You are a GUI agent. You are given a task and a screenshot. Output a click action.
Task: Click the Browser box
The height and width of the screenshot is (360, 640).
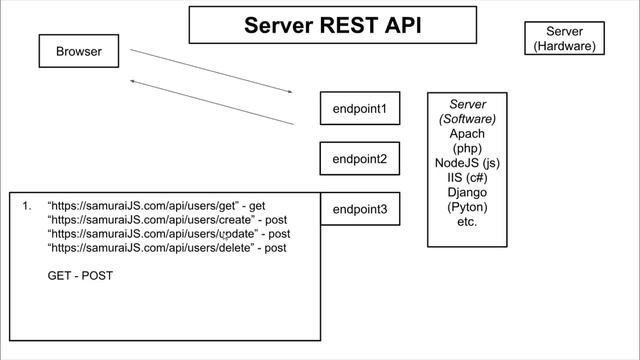[79, 52]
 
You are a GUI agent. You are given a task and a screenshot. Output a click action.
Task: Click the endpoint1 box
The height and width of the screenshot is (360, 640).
[359, 108]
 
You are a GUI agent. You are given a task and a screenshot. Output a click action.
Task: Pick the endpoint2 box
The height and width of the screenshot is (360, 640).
[359, 158]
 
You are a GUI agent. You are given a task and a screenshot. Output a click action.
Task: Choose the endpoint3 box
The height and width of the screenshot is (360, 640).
[359, 210]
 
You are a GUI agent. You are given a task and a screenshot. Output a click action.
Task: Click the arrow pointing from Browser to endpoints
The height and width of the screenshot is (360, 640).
[211, 70]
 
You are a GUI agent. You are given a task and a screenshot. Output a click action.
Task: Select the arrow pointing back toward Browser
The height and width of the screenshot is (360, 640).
[211, 103]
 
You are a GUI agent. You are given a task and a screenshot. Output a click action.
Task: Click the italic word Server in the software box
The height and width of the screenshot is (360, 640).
[467, 105]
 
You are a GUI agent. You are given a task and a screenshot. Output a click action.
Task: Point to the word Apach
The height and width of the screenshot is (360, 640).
[467, 134]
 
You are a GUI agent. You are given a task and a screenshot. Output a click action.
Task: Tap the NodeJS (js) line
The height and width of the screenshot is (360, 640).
[467, 163]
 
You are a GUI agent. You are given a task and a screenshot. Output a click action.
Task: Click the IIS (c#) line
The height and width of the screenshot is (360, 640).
[467, 178]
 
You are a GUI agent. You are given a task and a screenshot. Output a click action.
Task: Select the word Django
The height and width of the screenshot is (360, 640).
[467, 192]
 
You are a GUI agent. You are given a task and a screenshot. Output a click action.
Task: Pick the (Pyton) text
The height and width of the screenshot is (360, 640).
[467, 207]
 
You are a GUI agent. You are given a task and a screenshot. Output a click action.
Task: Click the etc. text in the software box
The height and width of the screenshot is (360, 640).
[467, 221]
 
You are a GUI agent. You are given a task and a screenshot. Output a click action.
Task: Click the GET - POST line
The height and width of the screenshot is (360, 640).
[80, 275]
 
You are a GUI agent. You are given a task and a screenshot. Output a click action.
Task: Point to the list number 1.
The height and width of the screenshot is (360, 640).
[26, 206]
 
